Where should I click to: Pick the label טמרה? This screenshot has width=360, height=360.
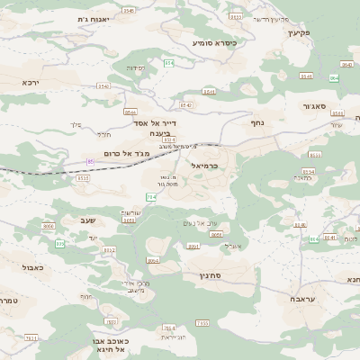(x=8, y=300)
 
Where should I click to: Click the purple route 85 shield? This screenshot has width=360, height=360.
(x=91, y=161)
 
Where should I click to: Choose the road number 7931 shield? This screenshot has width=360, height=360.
(x=31, y=338)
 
